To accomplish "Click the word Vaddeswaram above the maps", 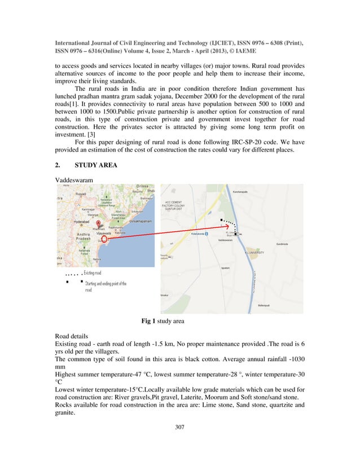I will (74, 179).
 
